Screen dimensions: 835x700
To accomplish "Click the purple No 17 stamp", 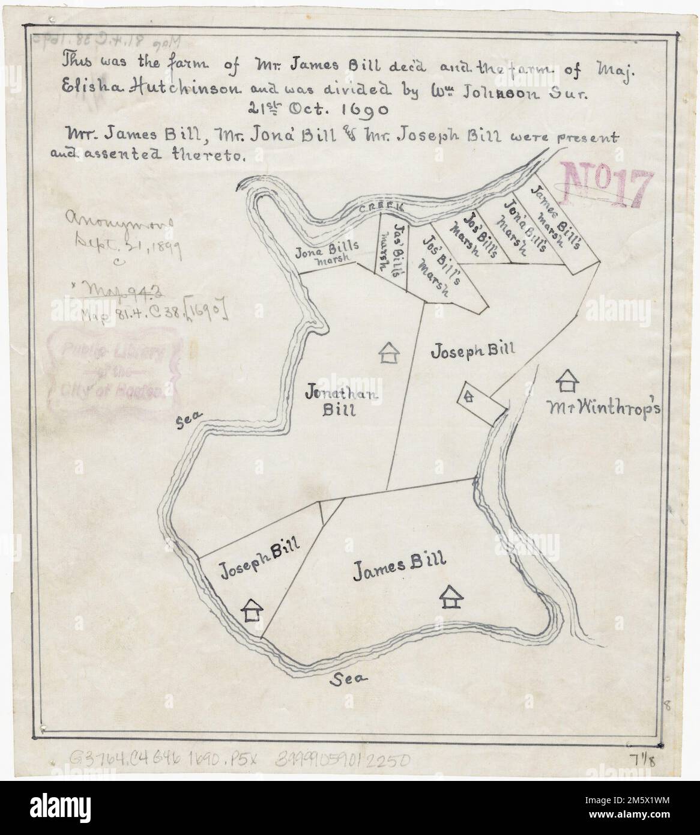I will pos(607,182).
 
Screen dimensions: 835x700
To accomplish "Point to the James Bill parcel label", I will pos(399,563).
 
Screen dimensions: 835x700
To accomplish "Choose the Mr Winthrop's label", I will pos(603,409).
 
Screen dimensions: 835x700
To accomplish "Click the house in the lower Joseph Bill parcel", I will pos(252,610).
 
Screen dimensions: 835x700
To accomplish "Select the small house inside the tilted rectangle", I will pos(468,396).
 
